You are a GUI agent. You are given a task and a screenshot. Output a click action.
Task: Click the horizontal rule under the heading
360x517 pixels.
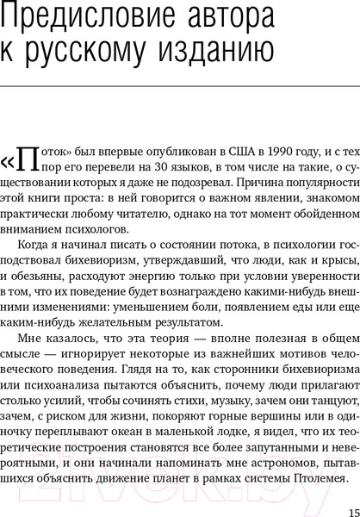point(180,84)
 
